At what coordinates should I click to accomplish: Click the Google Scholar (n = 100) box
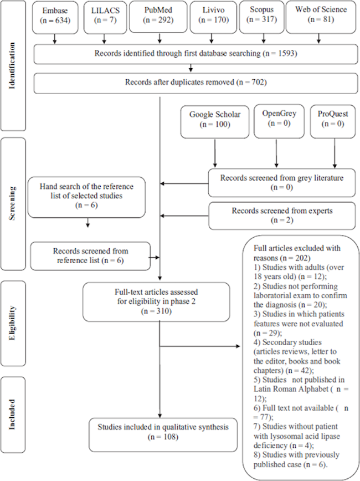215,119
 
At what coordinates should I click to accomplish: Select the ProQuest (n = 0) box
333,119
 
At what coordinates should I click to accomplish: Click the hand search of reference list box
87,197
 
